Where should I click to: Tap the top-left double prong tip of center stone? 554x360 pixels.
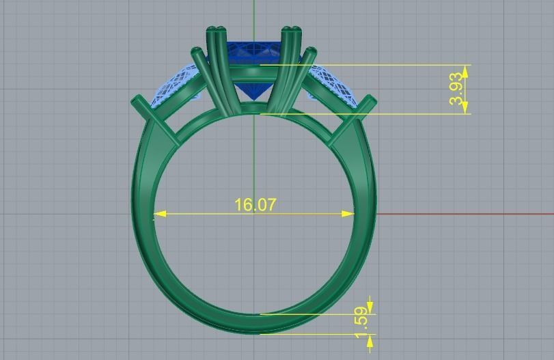click(215, 29)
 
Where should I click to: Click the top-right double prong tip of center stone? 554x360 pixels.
click(292, 29)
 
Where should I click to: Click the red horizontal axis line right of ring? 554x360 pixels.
click(465, 214)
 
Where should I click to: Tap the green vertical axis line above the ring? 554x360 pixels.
click(253, 14)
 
